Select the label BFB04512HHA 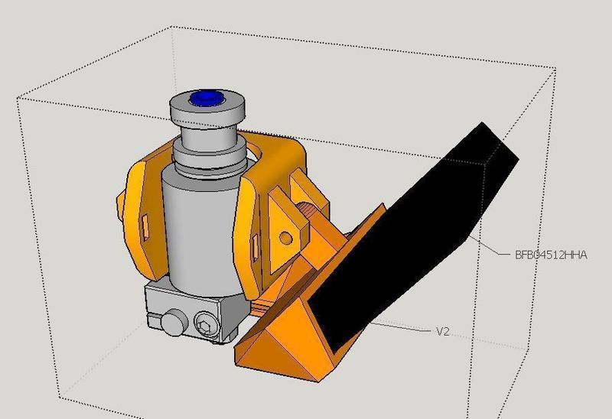coord(551,255)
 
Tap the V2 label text coord(442,331)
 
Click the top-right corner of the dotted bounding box coord(554,69)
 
